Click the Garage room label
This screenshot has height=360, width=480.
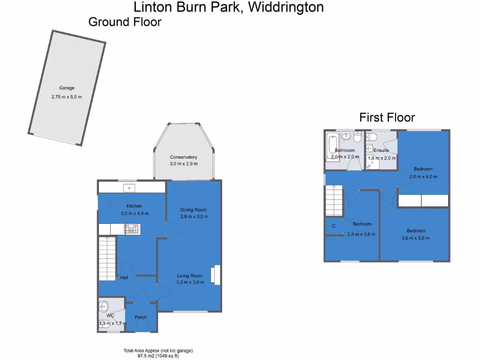click(67, 88)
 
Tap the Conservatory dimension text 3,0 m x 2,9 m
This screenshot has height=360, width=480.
click(183, 164)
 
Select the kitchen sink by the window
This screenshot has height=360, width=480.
click(129, 188)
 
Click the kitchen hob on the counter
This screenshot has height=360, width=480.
click(132, 229)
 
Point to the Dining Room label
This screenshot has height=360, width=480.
click(193, 210)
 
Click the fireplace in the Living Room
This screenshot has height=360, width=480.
click(216, 275)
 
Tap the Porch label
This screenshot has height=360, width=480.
click(141, 317)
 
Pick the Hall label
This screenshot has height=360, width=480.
click(124, 278)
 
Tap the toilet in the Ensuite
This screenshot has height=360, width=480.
click(371, 137)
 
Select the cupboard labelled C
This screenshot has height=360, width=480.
click(334, 226)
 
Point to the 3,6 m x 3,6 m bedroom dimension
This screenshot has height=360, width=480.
click(416, 238)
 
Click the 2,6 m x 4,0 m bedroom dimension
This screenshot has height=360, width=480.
click(423, 177)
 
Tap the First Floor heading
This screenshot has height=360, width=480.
click(387, 117)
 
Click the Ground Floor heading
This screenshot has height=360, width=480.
click(125, 22)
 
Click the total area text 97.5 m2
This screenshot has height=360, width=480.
click(158, 356)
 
